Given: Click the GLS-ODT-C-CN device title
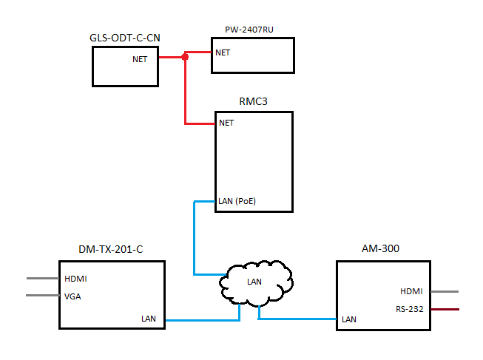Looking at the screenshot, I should (x=125, y=38).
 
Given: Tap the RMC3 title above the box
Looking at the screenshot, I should (x=254, y=101).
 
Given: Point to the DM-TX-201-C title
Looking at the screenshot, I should (x=111, y=249).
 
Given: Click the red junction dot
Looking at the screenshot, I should (x=185, y=57).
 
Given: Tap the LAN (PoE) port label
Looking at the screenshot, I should (x=237, y=200).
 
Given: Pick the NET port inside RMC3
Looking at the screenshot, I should (x=226, y=123).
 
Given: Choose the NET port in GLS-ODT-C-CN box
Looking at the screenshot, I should (x=140, y=59).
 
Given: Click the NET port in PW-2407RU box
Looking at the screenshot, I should (x=223, y=52).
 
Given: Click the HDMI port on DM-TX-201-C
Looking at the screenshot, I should (x=76, y=279).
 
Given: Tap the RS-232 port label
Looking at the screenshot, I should (x=409, y=308).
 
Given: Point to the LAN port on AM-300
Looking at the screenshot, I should (x=349, y=319).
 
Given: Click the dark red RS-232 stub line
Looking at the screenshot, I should (x=445, y=309).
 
